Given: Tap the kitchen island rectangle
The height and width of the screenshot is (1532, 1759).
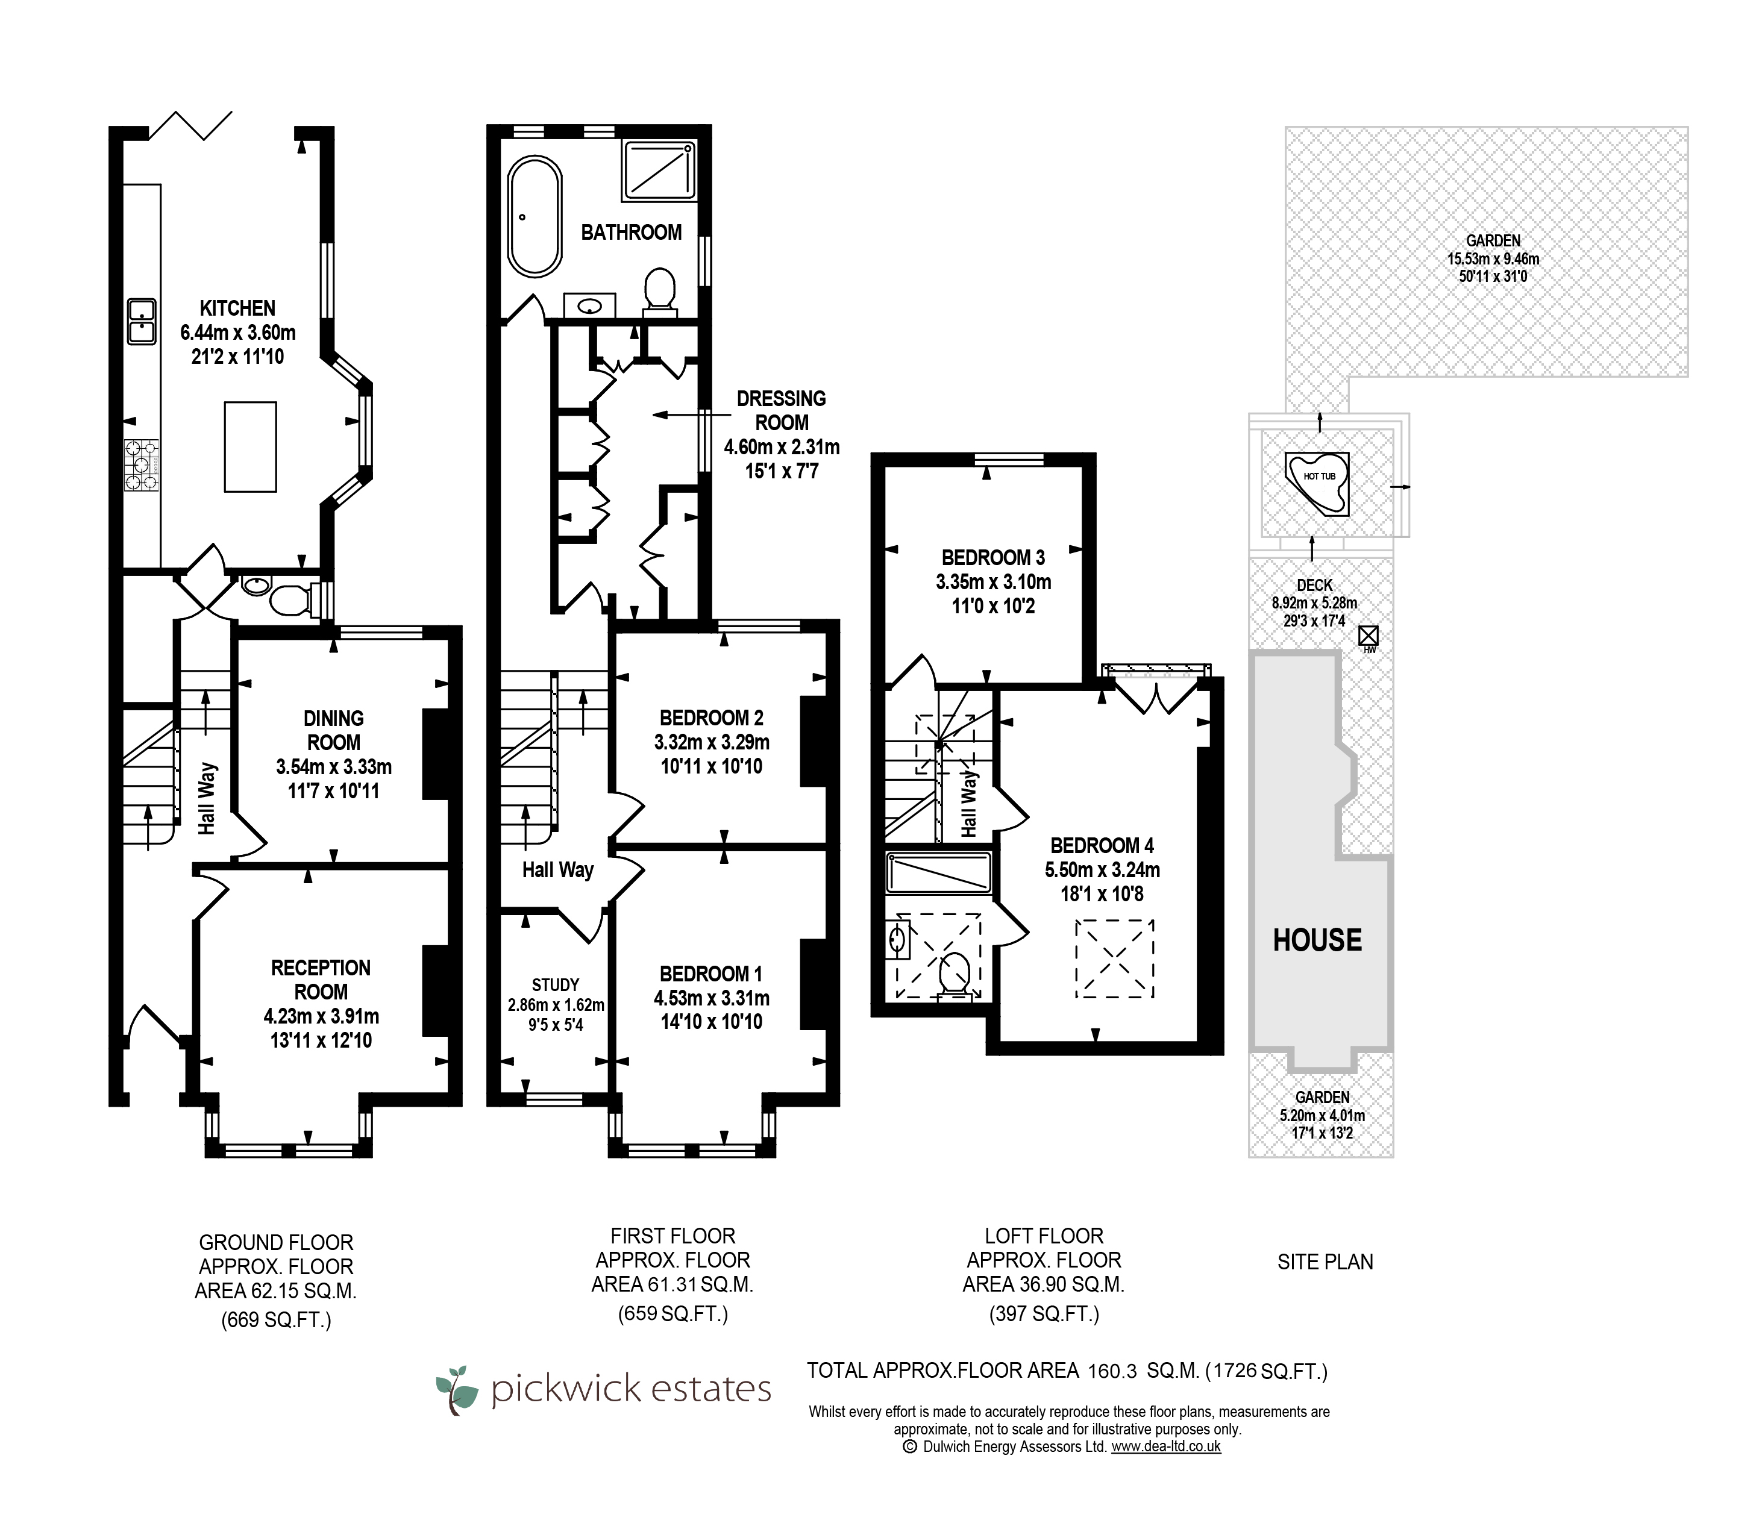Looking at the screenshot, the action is [249, 446].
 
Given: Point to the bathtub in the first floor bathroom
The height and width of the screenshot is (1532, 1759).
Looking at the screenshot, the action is [535, 216].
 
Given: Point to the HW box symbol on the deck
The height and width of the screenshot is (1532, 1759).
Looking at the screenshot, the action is [1368, 635].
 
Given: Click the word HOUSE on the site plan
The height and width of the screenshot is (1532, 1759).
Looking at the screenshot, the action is [1317, 940].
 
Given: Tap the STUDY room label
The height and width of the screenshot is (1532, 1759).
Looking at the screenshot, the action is [555, 985].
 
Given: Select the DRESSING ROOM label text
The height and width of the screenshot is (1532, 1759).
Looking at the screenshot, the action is [782, 410].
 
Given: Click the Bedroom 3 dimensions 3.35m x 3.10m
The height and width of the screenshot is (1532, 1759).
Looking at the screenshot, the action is [993, 582].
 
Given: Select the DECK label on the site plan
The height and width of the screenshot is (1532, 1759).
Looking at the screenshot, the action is [1314, 585].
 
